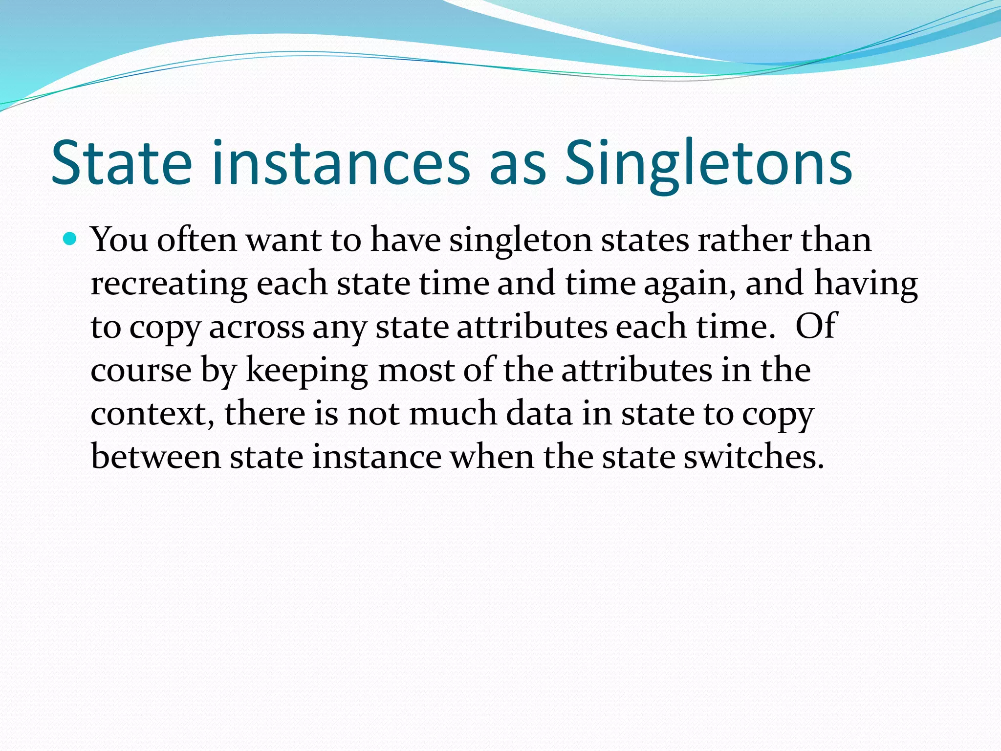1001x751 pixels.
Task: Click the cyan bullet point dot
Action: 70,239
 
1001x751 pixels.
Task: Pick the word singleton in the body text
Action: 521,241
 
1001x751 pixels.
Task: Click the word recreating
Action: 169,284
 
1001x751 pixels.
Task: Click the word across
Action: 257,327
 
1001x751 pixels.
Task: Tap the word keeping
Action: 306,370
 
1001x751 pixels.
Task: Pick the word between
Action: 156,456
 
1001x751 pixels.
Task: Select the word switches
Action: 753,456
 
